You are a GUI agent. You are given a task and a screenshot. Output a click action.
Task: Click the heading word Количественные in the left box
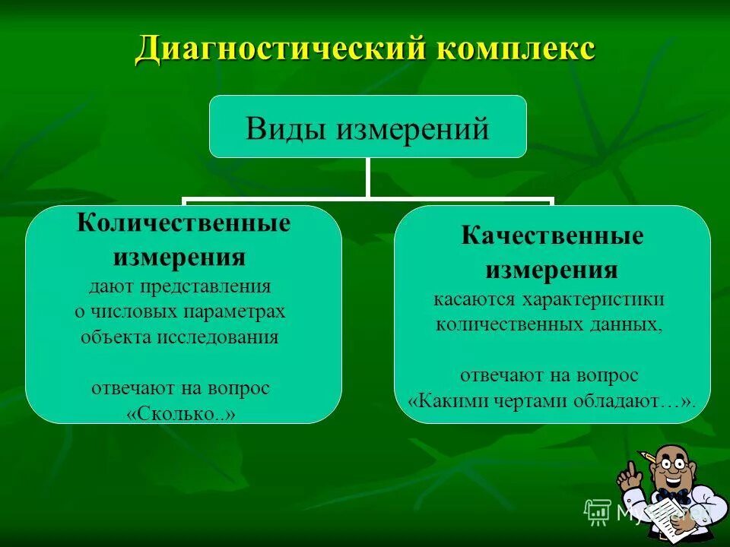point(184,223)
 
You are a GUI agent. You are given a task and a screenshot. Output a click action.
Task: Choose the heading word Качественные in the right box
point(552,236)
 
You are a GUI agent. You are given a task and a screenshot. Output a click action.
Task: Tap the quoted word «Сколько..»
point(181,414)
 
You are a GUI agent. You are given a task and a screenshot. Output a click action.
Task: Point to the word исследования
point(218,337)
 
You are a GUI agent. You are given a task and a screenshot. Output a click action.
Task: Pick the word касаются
point(476,299)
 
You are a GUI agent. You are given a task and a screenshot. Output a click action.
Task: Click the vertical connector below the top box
point(367,179)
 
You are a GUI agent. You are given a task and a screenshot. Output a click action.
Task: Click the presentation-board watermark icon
point(598,512)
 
